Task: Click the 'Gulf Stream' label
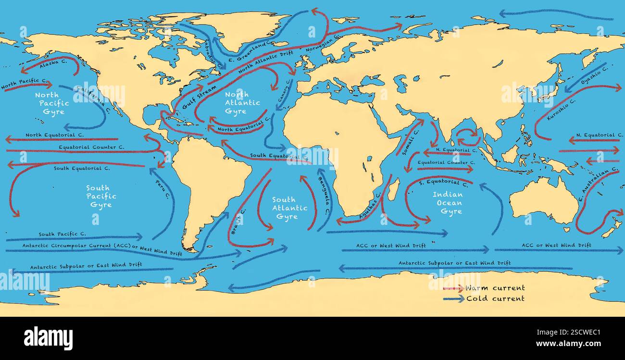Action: [199, 98]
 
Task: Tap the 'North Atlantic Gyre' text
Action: [242, 103]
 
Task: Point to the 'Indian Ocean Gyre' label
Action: [448, 203]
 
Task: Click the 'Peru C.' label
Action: [162, 189]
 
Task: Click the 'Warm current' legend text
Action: [495, 288]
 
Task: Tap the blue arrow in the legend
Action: [453, 298]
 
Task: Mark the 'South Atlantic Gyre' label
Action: [289, 208]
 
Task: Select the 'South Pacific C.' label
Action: [62, 234]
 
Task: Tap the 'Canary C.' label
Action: [284, 91]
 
